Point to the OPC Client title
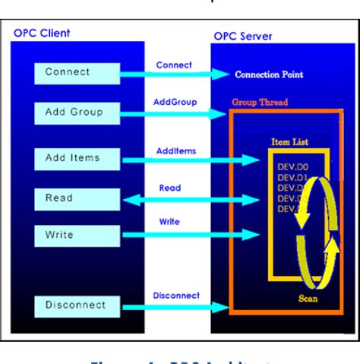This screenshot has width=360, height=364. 42,34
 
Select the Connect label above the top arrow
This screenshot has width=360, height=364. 174,65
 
